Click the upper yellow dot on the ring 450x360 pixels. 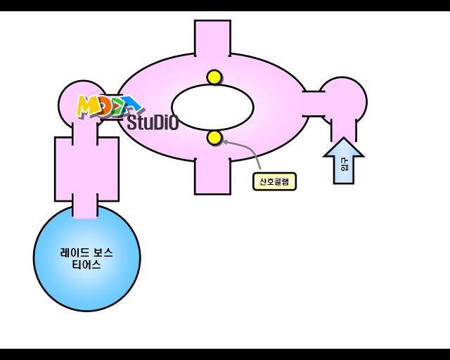214,77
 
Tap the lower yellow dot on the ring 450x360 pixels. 214,138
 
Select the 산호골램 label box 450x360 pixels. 274,181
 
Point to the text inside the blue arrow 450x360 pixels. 344,165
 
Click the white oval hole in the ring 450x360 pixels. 212,107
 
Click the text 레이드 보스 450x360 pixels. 86,252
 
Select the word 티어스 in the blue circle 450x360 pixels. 86,265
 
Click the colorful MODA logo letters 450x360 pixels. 109,106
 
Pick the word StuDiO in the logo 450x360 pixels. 153,122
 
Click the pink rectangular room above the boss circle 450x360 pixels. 86,169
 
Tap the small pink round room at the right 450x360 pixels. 342,101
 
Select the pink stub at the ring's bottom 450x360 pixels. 212,176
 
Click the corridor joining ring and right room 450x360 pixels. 314,103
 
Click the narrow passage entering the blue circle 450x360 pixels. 85,205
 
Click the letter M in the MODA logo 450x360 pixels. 87,106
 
